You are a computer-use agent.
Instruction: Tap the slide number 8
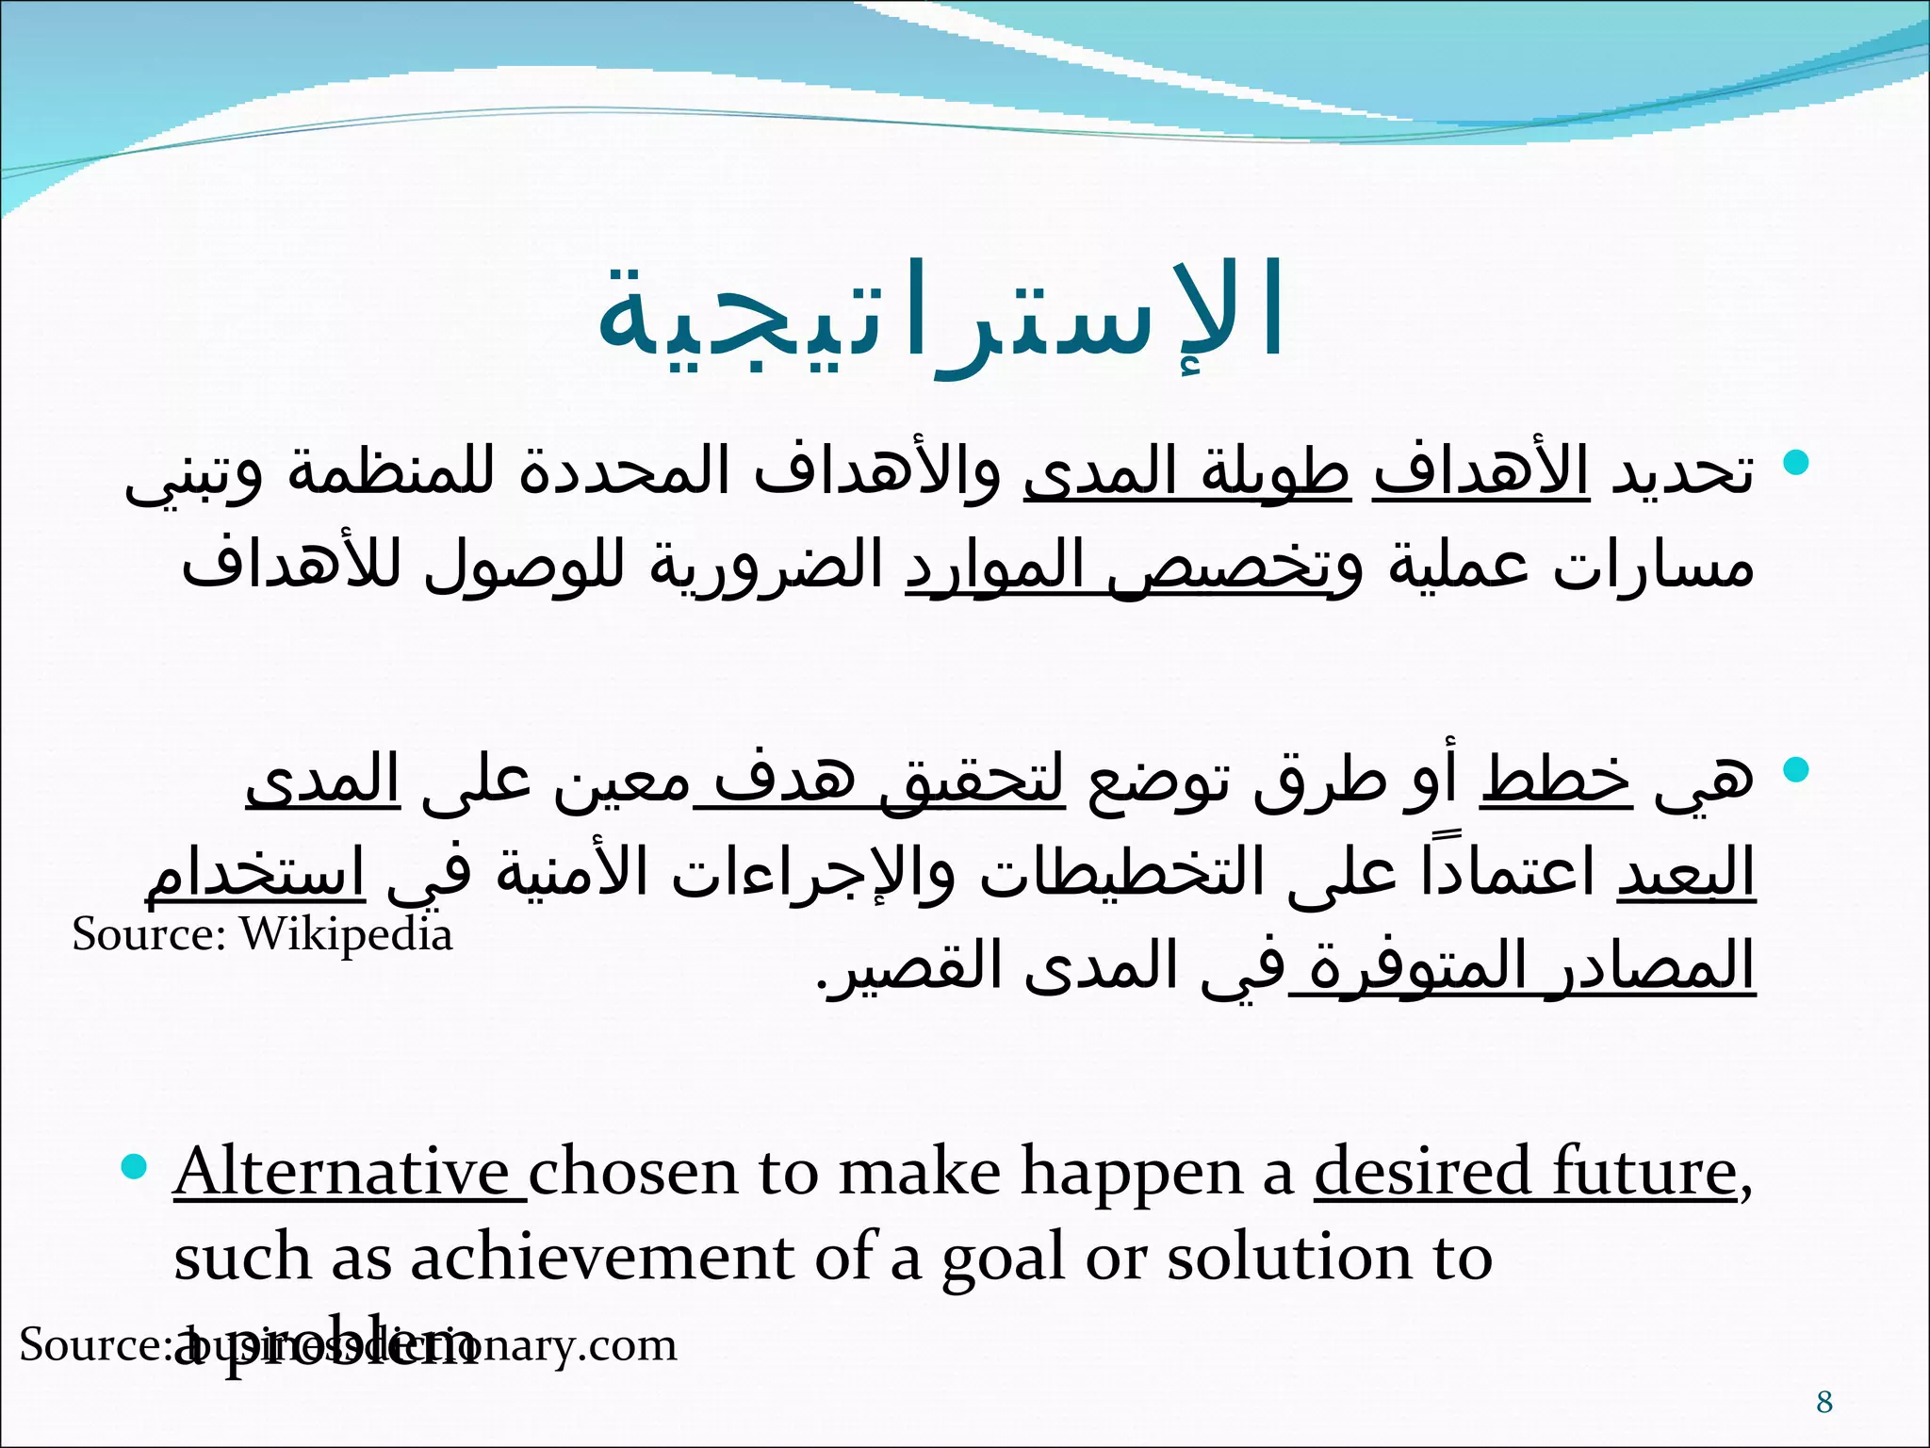point(1824,1402)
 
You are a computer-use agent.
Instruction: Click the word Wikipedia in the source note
point(346,935)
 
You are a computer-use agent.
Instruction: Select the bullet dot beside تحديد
point(1796,462)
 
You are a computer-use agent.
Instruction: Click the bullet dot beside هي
point(1796,769)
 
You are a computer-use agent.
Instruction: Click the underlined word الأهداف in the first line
point(1481,471)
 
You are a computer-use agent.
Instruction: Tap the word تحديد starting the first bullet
point(1682,471)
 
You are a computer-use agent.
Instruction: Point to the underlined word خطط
point(1555,781)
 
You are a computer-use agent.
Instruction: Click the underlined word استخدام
point(254,873)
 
